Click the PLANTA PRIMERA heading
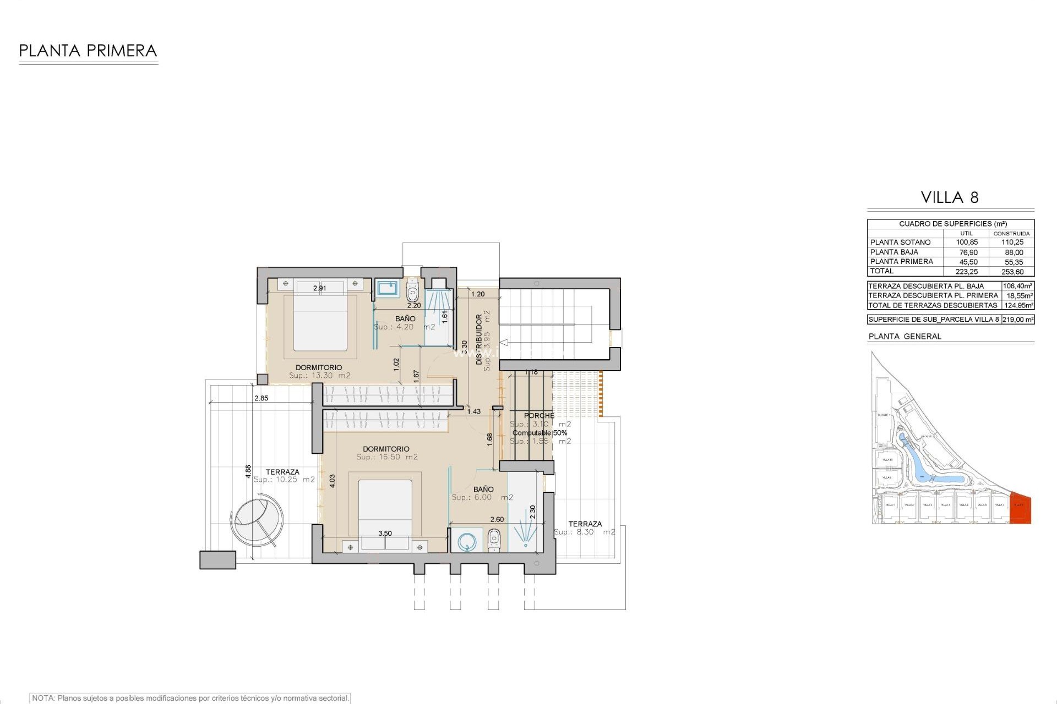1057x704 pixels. click(x=88, y=51)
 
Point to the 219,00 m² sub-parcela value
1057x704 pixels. click(x=1017, y=320)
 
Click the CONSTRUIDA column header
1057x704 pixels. click(x=1011, y=234)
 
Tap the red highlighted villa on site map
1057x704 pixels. click(x=1020, y=509)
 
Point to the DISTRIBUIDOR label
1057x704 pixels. click(x=479, y=339)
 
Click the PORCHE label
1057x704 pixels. click(x=539, y=416)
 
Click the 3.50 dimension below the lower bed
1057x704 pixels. click(x=385, y=533)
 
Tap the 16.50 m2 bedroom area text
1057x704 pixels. click(x=387, y=457)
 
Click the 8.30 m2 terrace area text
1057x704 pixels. click(x=585, y=532)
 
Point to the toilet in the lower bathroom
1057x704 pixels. click(x=494, y=540)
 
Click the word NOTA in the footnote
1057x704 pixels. click(x=43, y=698)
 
